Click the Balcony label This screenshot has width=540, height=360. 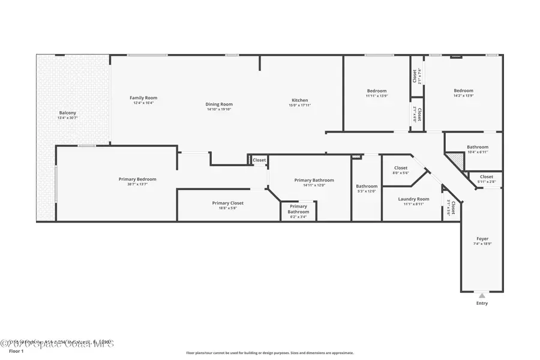[67, 113]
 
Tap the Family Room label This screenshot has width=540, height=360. [143, 98]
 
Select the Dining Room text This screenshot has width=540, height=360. [219, 104]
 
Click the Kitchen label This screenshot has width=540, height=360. [299, 100]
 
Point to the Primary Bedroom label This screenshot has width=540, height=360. [137, 179]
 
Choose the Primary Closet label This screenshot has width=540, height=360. [227, 203]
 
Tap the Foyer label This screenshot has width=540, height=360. [482, 239]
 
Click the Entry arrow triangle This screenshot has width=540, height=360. [482, 295]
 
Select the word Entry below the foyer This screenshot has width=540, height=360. [482, 303]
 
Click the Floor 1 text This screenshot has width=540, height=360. [16, 351]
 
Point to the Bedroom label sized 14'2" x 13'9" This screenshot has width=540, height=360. [463, 91]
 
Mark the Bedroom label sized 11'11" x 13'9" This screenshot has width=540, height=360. [377, 91]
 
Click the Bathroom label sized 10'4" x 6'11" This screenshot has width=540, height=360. [478, 146]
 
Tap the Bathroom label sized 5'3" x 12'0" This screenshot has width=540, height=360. [367, 186]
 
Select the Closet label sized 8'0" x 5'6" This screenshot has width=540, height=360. [400, 168]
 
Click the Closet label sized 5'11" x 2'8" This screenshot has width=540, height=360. [486, 177]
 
